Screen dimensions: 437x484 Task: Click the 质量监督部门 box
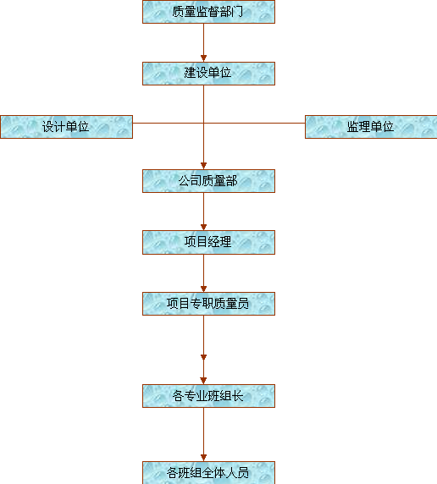tap(208, 12)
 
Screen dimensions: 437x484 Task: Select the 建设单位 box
tap(208, 74)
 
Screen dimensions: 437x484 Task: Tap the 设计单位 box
tap(66, 127)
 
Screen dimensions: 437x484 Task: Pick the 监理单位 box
tap(371, 127)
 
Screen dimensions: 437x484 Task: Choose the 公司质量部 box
tap(208, 181)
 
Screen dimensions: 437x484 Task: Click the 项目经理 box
tap(208, 242)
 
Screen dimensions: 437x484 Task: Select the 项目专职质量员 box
tap(208, 304)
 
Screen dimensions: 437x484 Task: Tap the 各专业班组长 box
tap(208, 396)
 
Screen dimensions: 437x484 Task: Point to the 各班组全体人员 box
tap(208, 473)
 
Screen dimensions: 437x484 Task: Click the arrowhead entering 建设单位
tap(203, 58)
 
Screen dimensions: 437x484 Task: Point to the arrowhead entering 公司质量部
tap(203, 166)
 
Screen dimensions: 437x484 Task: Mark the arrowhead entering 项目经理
tap(203, 227)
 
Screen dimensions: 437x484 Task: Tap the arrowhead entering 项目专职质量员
tap(203, 289)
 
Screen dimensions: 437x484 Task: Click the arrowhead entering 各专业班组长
tap(203, 381)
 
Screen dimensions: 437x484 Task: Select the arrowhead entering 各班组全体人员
tap(203, 458)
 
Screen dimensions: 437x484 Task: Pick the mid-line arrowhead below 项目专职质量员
tap(203, 357)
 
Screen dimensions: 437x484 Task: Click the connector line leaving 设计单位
tap(169, 123)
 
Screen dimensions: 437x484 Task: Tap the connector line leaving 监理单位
tap(254, 123)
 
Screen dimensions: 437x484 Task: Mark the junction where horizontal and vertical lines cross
tap(203, 123)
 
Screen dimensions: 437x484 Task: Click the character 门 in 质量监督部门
tap(237, 12)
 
